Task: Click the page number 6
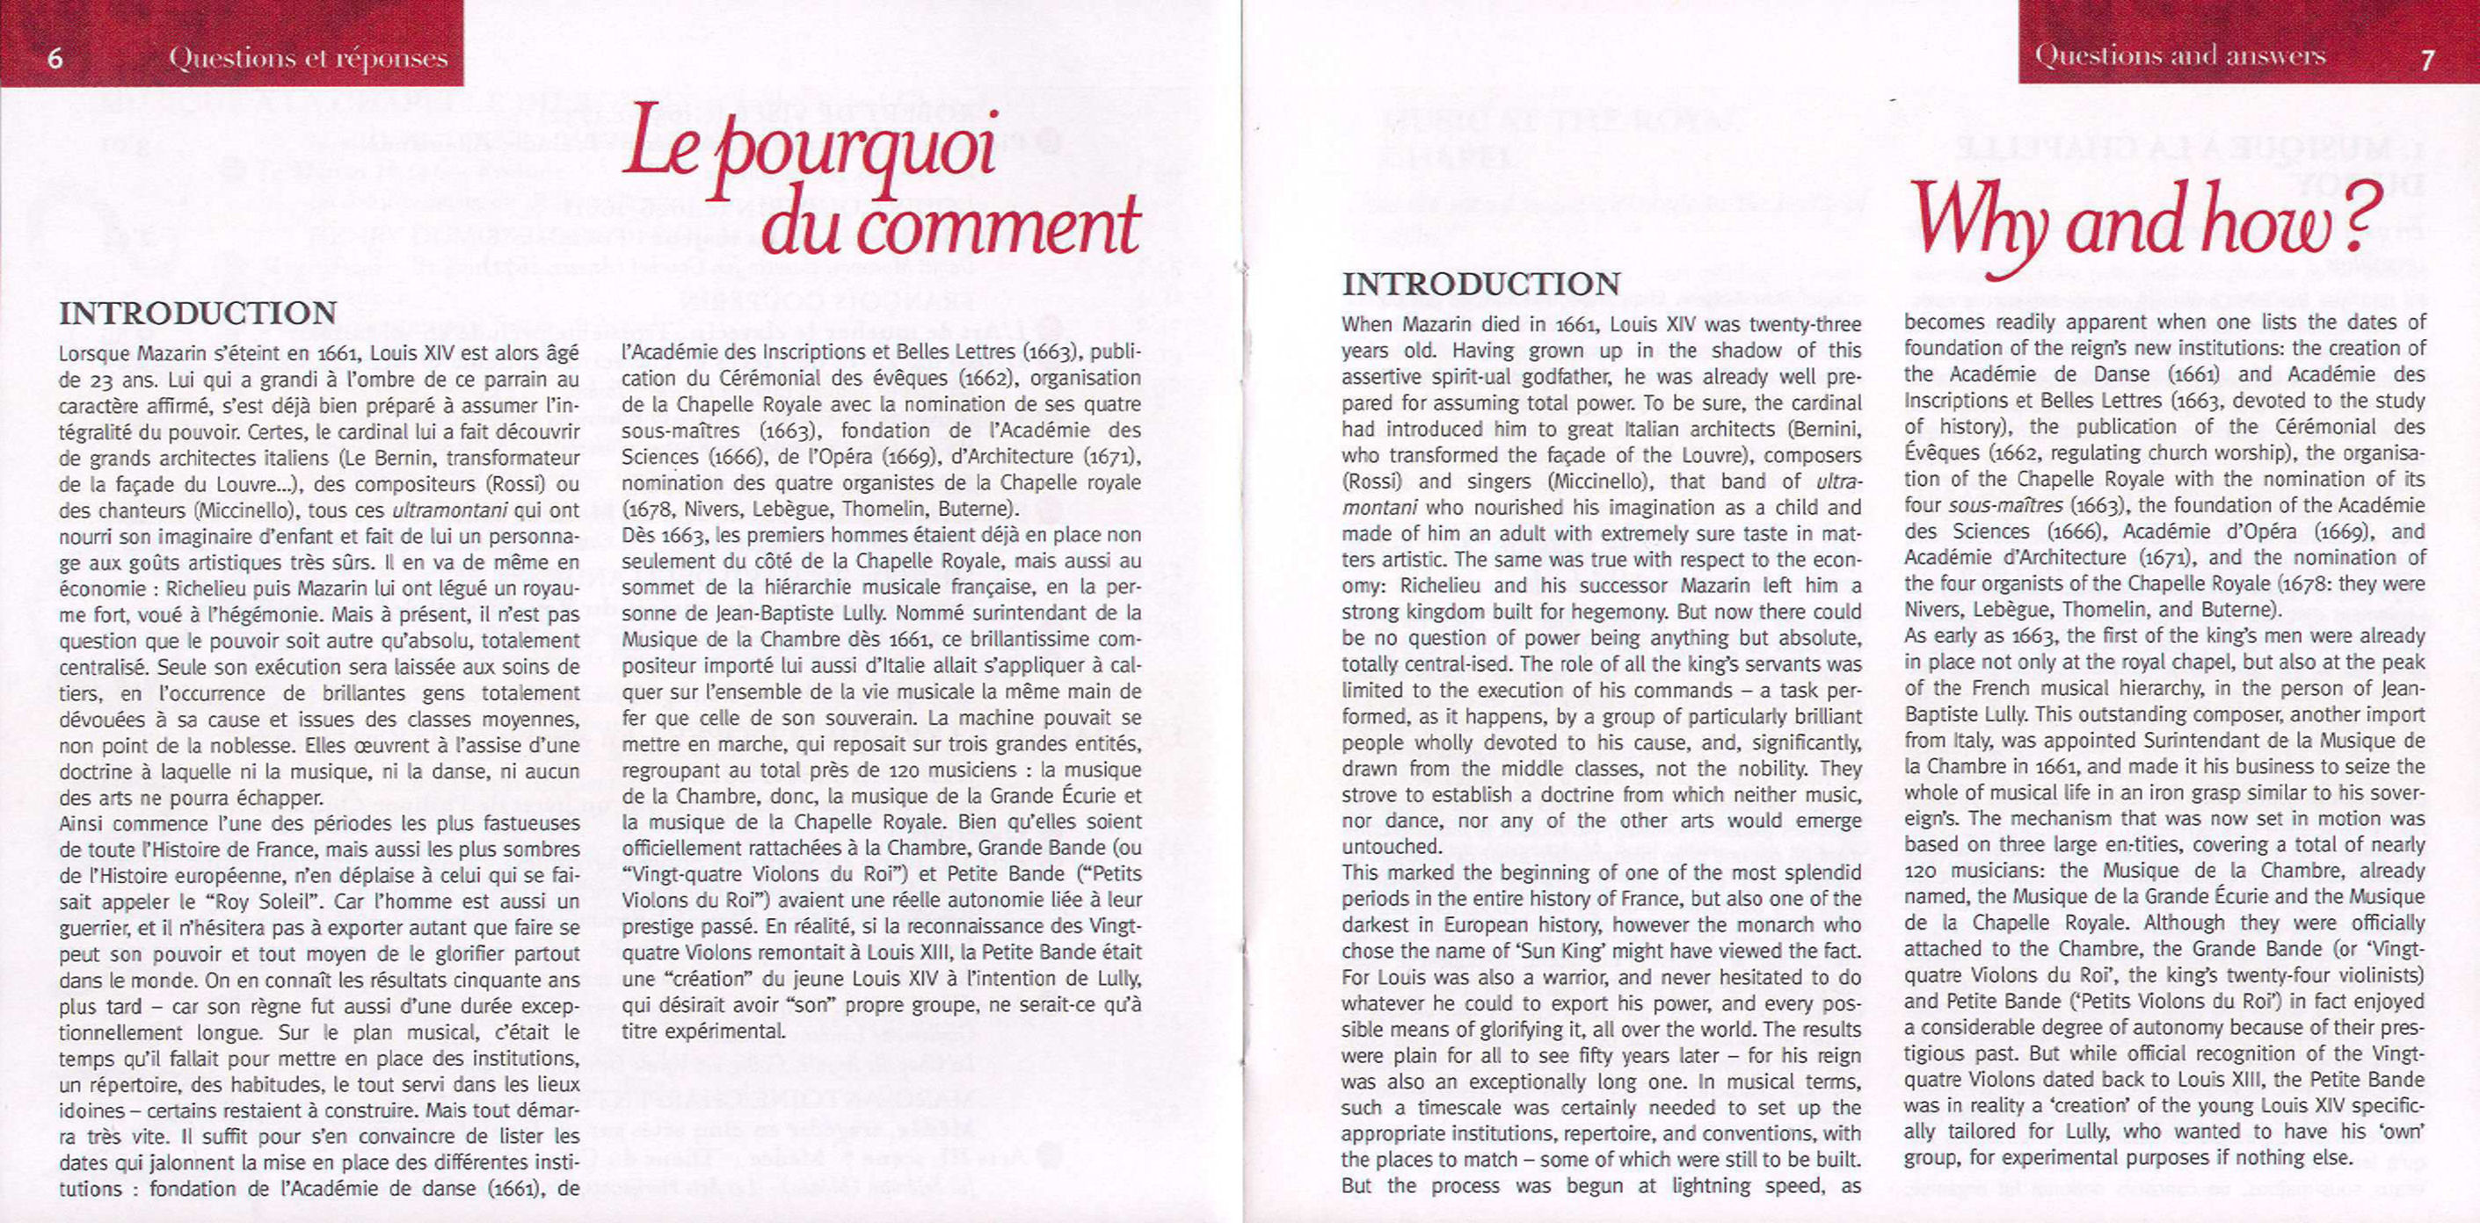click(55, 59)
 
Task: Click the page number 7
click(2427, 60)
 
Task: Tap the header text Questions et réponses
click(308, 59)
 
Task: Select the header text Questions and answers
click(2179, 56)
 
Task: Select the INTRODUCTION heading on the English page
click(1480, 284)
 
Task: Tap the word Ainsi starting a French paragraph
click(84, 823)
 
